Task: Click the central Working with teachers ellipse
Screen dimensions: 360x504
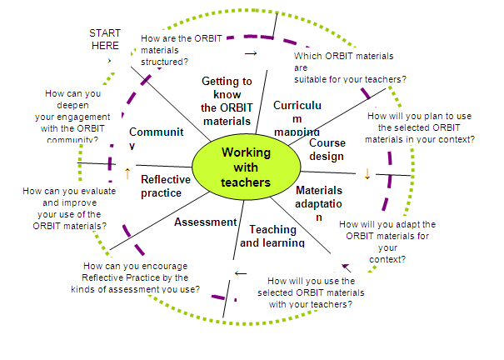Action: pyautogui.click(x=246, y=167)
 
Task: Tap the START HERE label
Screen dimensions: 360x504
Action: pyautogui.click(x=105, y=39)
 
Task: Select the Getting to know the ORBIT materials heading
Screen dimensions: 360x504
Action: pyautogui.click(x=227, y=101)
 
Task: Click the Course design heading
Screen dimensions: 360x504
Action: pyautogui.click(x=327, y=149)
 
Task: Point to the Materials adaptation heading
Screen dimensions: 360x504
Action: pyautogui.click(x=319, y=203)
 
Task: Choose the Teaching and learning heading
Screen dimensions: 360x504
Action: pyautogui.click(x=272, y=236)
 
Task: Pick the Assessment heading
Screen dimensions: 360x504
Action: pyautogui.click(x=205, y=222)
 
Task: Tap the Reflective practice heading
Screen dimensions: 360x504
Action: pyautogui.click(x=162, y=186)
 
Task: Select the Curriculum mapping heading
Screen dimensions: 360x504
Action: pyautogui.click(x=297, y=117)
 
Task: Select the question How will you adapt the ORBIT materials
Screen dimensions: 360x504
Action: pyautogui.click(x=387, y=242)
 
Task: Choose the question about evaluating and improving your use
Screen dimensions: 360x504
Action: pyautogui.click(x=65, y=208)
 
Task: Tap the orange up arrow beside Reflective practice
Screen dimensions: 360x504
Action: pyautogui.click(x=127, y=172)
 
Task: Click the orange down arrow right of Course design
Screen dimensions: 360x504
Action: pyautogui.click(x=367, y=174)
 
